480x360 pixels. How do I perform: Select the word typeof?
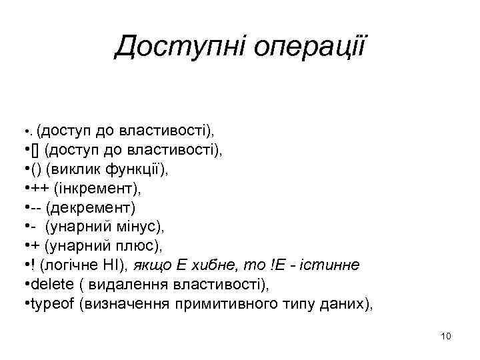(x=51, y=305)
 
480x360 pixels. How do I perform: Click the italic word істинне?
(x=335, y=266)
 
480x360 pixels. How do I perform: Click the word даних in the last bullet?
(x=347, y=305)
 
